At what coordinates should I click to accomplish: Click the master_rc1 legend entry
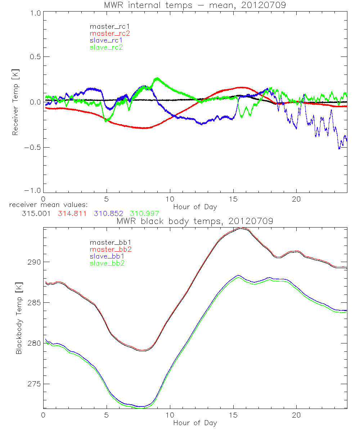[x=107, y=27]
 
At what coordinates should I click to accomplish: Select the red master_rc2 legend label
[x=110, y=33]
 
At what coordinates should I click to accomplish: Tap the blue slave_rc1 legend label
[x=106, y=40]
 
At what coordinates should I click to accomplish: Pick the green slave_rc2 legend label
[x=106, y=47]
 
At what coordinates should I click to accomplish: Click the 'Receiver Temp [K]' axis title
[x=15, y=102]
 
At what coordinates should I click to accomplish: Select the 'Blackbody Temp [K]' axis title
[x=19, y=317]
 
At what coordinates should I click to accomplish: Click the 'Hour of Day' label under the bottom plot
[x=195, y=423]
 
